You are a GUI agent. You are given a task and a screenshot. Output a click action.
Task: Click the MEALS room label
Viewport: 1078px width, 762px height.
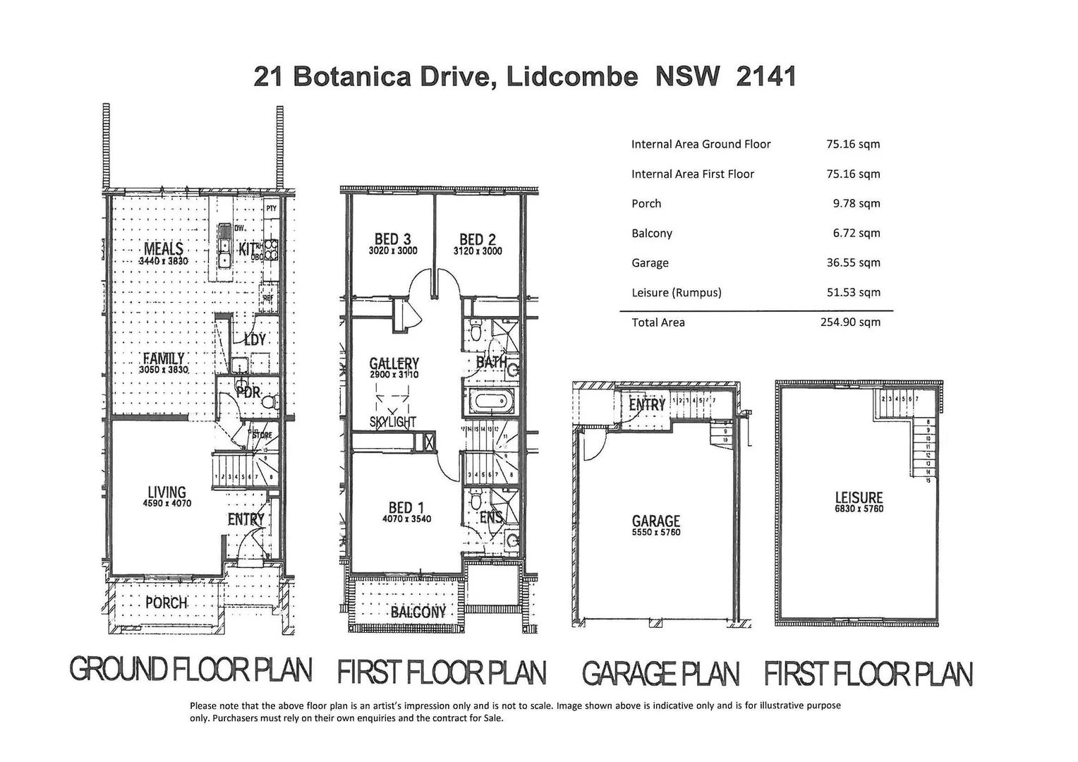pos(164,248)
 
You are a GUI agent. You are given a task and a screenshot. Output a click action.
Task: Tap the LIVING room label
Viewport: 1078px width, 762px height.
pos(167,492)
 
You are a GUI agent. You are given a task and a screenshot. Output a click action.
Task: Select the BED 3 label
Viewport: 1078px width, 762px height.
pos(393,239)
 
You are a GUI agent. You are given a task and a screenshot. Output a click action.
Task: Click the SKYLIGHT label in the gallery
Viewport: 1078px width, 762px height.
pos(393,422)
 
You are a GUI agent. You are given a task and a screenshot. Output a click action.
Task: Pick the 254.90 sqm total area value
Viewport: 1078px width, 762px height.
pos(850,322)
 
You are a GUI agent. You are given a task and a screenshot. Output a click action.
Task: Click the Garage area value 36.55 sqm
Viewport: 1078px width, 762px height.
pos(853,262)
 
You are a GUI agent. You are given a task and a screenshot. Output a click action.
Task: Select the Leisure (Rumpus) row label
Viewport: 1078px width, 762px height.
pos(676,292)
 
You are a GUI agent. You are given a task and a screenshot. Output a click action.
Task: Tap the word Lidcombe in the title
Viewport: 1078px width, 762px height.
pos(572,76)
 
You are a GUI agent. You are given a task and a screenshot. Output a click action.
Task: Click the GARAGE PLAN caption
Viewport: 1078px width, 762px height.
pos(660,674)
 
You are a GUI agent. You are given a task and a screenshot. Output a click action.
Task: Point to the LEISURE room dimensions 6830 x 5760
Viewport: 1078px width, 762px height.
pos(859,509)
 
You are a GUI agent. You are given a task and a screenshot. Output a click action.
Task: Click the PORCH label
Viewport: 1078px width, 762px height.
pos(166,603)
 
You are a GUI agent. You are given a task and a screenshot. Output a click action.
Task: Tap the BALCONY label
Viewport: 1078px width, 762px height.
pos(418,612)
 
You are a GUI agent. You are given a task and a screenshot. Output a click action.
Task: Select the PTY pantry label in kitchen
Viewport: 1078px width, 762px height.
pos(271,208)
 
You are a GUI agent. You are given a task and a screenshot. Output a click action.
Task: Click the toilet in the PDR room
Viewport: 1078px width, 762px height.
pos(267,401)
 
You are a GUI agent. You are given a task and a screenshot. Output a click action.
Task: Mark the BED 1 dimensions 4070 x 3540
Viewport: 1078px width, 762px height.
pos(406,519)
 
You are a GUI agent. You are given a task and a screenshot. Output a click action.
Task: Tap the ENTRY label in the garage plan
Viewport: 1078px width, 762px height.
pos(647,404)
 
